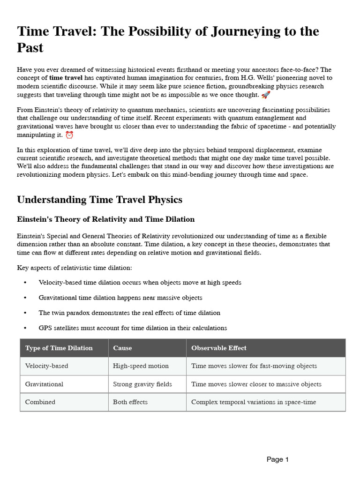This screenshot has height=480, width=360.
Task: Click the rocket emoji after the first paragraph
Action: pyautogui.click(x=266, y=95)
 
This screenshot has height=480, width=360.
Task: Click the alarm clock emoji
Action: pyautogui.click(x=69, y=135)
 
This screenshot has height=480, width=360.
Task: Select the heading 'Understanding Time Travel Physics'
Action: pyautogui.click(x=99, y=200)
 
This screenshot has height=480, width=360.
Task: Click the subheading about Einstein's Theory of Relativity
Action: pyautogui.click(x=105, y=219)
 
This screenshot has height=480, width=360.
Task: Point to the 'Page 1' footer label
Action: pyautogui.click(x=277, y=459)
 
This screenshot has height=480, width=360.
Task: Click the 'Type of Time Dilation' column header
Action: pyautogui.click(x=59, y=348)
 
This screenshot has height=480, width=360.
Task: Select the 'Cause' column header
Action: pyautogui.click(x=122, y=348)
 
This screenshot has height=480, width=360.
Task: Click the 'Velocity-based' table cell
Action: pyautogui.click(x=46, y=366)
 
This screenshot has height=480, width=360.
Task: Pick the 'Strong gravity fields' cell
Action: pyautogui.click(x=142, y=384)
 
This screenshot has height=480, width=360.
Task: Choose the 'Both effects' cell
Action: pyautogui.click(x=130, y=402)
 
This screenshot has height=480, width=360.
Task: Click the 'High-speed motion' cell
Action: pyautogui.click(x=141, y=366)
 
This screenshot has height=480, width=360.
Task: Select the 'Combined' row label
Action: pyautogui.click(x=40, y=402)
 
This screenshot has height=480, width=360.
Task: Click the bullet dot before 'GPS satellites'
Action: pyautogui.click(x=25, y=328)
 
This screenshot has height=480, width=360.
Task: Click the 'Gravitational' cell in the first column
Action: pyautogui.click(x=44, y=384)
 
